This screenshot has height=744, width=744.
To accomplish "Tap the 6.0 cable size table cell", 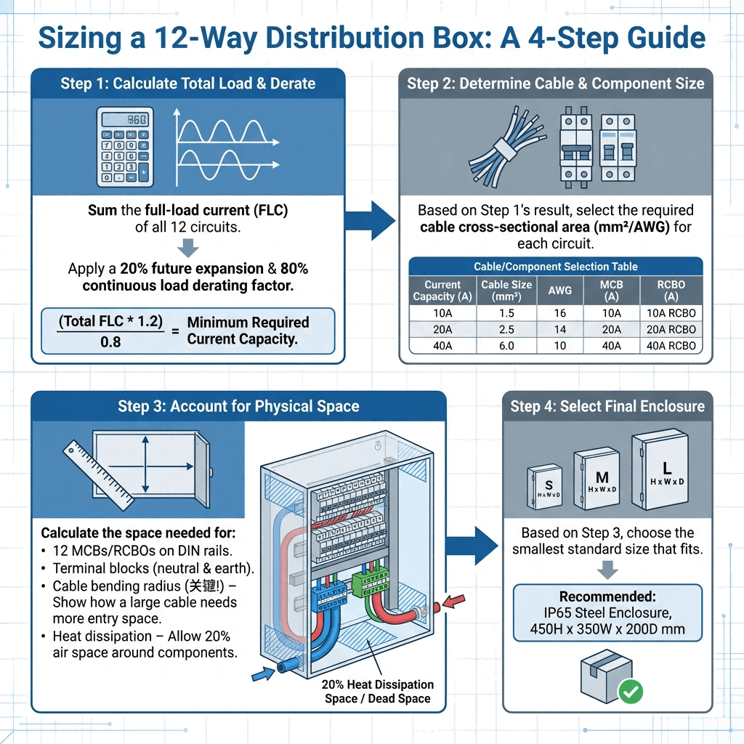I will coord(506,346).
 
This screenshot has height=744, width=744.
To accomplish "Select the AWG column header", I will coord(560,291).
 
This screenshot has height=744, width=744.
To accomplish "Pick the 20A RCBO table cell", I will coord(671,329).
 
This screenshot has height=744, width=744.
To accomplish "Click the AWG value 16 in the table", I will coord(560,313).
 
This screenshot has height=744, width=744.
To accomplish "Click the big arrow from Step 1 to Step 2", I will coord(370,216).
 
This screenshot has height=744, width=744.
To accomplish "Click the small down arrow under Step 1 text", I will coord(188,248).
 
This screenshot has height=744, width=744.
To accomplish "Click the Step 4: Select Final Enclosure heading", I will coord(607,405).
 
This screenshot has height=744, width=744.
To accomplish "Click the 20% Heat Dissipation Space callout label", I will coord(377,691).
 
